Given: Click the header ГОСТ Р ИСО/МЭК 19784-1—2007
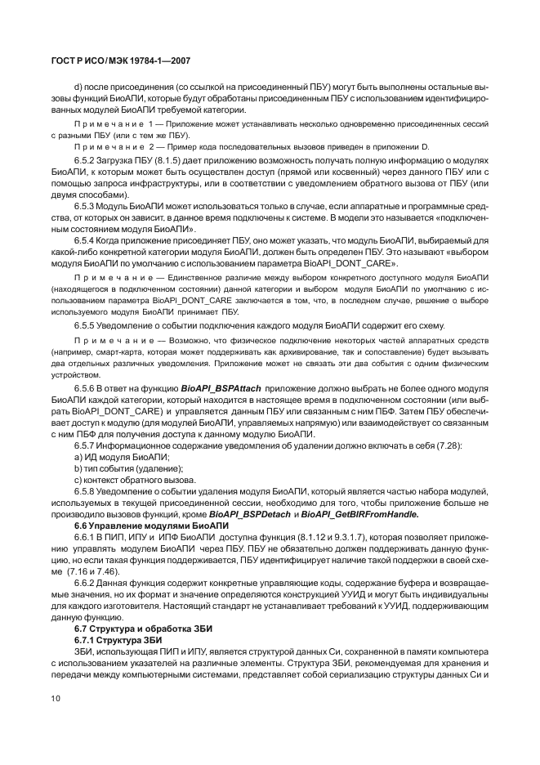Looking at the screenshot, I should pyautogui.click(x=120, y=61).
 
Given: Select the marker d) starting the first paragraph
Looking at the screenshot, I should pyautogui.click(x=78, y=86).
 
